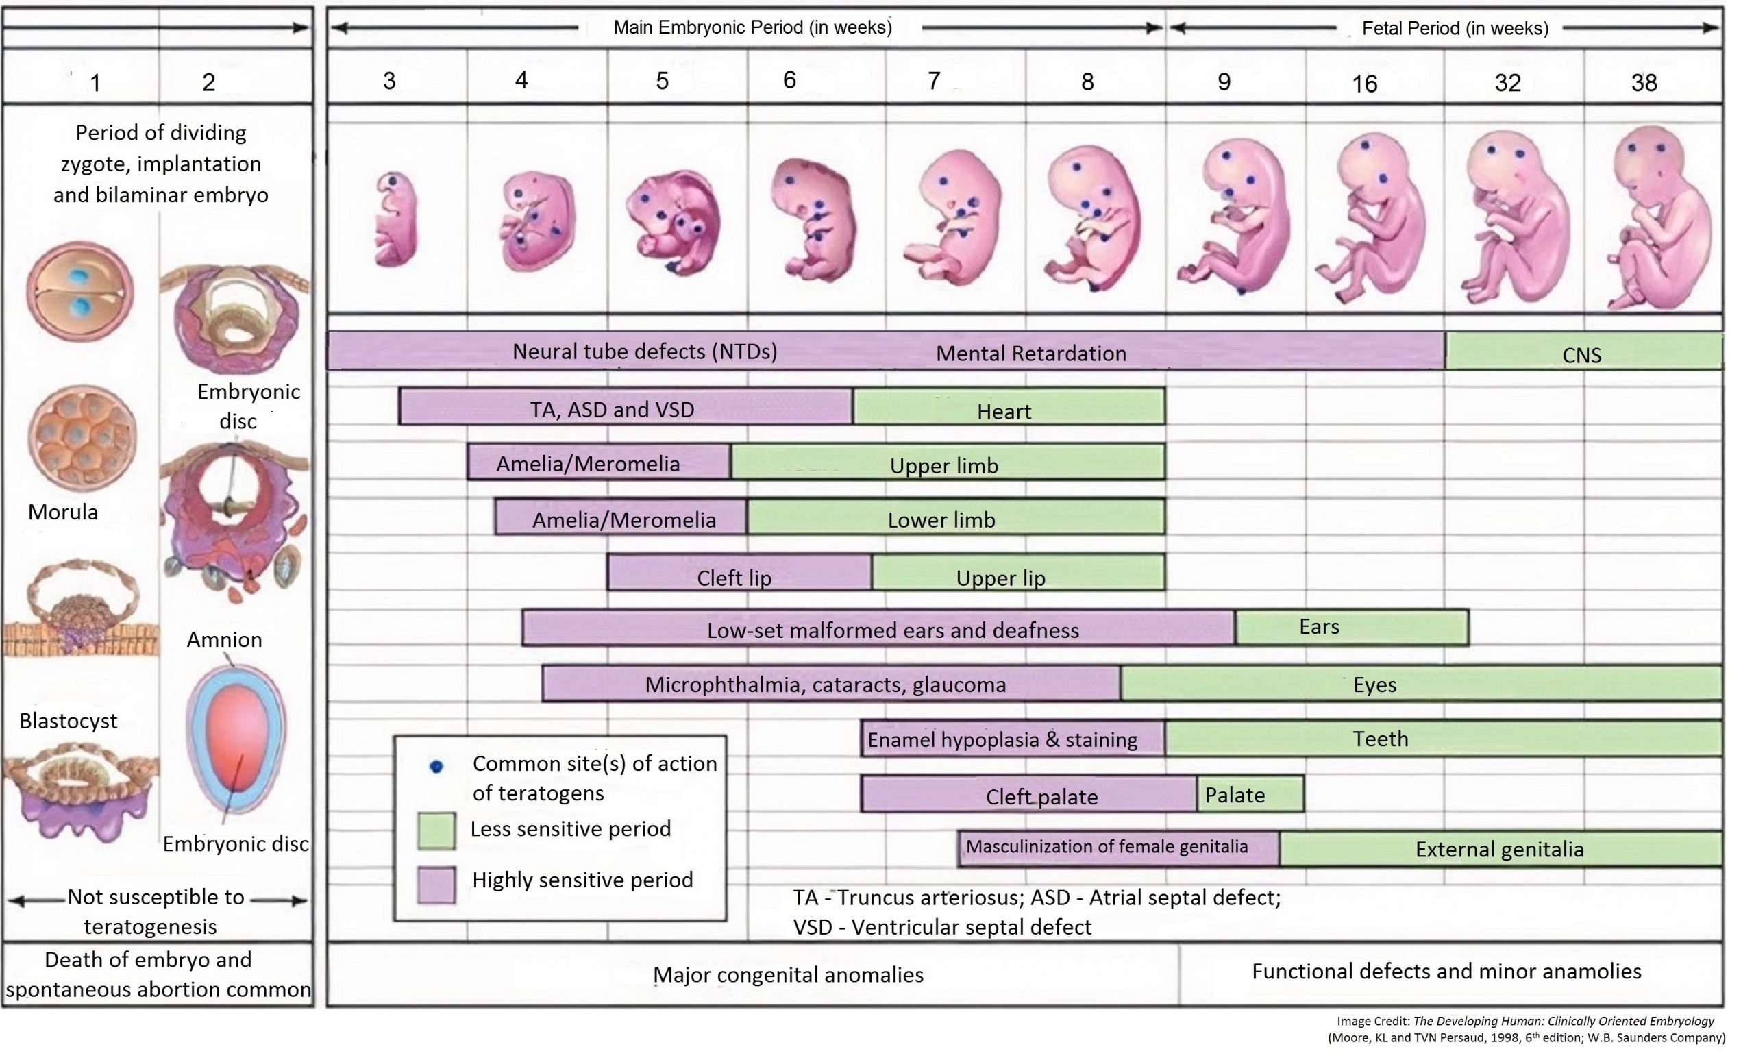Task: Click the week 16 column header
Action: coord(1365,84)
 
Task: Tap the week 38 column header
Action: coord(1644,83)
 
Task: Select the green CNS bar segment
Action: coord(1582,353)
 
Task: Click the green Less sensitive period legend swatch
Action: coord(436,830)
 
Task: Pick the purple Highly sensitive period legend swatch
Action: coord(436,884)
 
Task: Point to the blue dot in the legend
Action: coord(436,766)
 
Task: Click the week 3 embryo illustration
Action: coord(395,219)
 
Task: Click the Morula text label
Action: coord(62,512)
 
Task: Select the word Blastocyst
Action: coord(68,720)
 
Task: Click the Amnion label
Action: coord(224,639)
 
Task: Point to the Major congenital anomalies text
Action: coord(788,974)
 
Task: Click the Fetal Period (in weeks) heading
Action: coord(1455,29)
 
